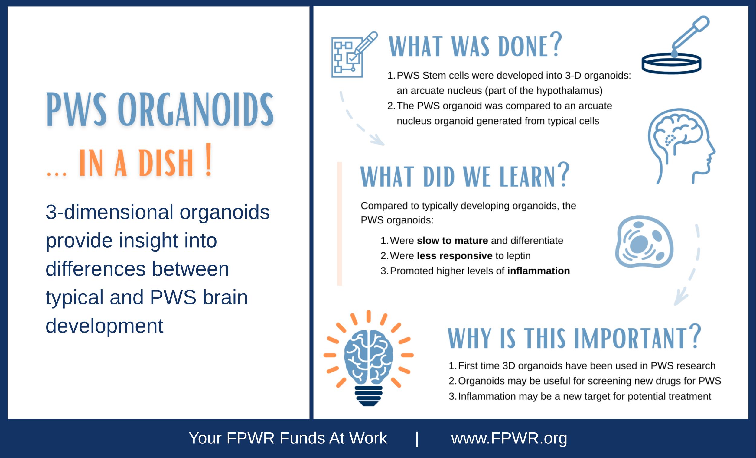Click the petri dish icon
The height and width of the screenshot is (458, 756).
tap(671, 63)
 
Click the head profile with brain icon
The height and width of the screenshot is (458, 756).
tap(681, 146)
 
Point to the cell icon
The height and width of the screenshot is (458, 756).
tap(644, 242)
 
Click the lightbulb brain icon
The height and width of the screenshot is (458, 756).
tap(369, 358)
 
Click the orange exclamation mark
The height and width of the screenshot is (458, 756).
tap(209, 160)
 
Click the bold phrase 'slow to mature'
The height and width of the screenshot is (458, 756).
tap(452, 241)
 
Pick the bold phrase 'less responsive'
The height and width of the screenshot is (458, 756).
tap(455, 255)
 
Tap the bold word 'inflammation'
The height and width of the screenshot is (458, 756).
tap(539, 271)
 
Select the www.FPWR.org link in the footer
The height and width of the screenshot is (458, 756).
tap(509, 438)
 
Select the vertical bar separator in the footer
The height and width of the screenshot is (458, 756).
tap(417, 439)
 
